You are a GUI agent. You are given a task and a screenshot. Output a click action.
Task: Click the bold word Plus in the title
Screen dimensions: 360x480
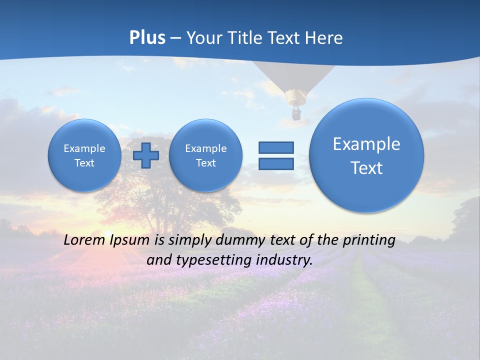coord(147,38)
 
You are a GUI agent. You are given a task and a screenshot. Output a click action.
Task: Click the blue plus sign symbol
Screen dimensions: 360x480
coord(146,155)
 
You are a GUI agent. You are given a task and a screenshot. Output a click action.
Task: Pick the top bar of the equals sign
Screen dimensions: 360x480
coord(276,147)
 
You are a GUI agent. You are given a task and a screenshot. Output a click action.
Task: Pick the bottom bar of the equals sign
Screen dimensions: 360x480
coord(276,164)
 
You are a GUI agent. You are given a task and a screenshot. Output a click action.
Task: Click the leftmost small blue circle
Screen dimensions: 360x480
coord(84,155)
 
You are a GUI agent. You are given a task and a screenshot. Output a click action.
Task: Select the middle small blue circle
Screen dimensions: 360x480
coord(206,155)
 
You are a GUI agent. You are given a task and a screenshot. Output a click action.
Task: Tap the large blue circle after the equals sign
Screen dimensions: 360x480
coord(366,155)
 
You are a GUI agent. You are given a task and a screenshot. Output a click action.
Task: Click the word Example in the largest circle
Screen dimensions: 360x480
coord(366,144)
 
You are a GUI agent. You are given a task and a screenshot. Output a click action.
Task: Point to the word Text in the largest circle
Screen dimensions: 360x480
coord(366,168)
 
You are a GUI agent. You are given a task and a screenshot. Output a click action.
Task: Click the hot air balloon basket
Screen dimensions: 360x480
coord(296,114)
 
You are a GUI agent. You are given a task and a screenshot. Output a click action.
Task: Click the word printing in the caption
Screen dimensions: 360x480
coord(370,240)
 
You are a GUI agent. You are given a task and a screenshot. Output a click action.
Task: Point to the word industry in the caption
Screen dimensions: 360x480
coord(283,260)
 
